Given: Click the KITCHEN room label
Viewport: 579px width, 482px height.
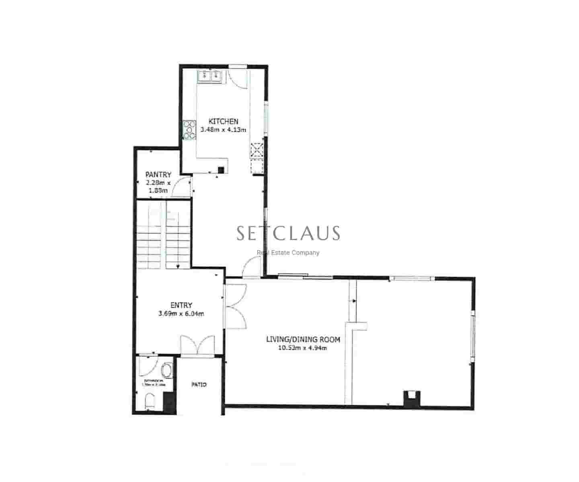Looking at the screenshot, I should coord(223,121).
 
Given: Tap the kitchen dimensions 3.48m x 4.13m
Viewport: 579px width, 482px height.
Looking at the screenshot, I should coord(223,130).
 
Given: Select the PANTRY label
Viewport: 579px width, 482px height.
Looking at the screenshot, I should coord(158,175).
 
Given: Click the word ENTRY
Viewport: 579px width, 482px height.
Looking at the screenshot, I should coord(181,305).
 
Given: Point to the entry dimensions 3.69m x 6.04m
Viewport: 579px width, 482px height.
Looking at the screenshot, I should coord(181,314).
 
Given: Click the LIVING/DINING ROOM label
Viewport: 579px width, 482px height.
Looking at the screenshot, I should coord(303,339).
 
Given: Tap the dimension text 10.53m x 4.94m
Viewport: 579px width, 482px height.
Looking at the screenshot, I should coord(302,348).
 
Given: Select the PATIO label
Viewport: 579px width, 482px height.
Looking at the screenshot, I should coord(199,385).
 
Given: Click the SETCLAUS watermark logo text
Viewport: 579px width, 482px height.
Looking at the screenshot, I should coord(288,233).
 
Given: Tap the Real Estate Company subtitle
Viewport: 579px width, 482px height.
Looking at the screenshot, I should coord(288,253).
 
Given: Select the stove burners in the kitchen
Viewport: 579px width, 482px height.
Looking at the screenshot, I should coord(189,130).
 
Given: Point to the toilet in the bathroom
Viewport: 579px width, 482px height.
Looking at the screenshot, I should coord(148,402).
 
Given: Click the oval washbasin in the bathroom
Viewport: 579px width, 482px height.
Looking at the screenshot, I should coord(166,370).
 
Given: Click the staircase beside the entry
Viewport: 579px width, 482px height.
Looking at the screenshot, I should coord(163,235).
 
